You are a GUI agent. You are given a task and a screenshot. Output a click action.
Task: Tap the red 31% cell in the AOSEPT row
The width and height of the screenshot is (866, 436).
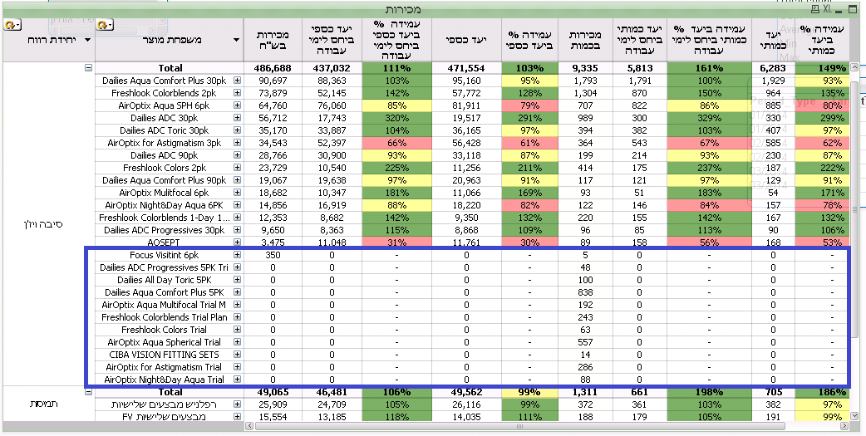tap(396, 242)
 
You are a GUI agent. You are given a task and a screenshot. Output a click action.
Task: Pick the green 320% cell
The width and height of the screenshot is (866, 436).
tap(396, 118)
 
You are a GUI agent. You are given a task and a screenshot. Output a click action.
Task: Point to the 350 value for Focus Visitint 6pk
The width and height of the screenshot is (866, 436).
tap(273, 255)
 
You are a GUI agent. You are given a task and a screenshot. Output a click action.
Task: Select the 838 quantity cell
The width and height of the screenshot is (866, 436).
tap(586, 292)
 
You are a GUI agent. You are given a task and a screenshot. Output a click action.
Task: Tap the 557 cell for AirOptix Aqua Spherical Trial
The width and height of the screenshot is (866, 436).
tap(586, 342)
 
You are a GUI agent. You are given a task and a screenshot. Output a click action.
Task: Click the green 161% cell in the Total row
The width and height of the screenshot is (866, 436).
tap(708, 68)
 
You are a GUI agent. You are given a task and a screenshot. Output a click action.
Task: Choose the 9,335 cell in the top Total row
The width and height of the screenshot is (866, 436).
tap(586, 68)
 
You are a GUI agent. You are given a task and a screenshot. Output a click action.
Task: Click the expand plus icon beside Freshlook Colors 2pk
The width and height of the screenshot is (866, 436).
tap(238, 168)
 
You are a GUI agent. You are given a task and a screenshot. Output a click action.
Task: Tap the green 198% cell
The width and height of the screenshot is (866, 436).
tap(708, 392)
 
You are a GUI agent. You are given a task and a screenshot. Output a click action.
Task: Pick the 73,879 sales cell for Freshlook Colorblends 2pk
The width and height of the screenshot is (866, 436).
tap(273, 93)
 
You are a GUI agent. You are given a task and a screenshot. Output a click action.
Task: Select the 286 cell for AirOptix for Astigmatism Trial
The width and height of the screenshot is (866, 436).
tap(586, 367)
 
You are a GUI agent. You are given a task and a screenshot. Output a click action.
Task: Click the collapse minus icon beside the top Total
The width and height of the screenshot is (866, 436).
tap(88, 68)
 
